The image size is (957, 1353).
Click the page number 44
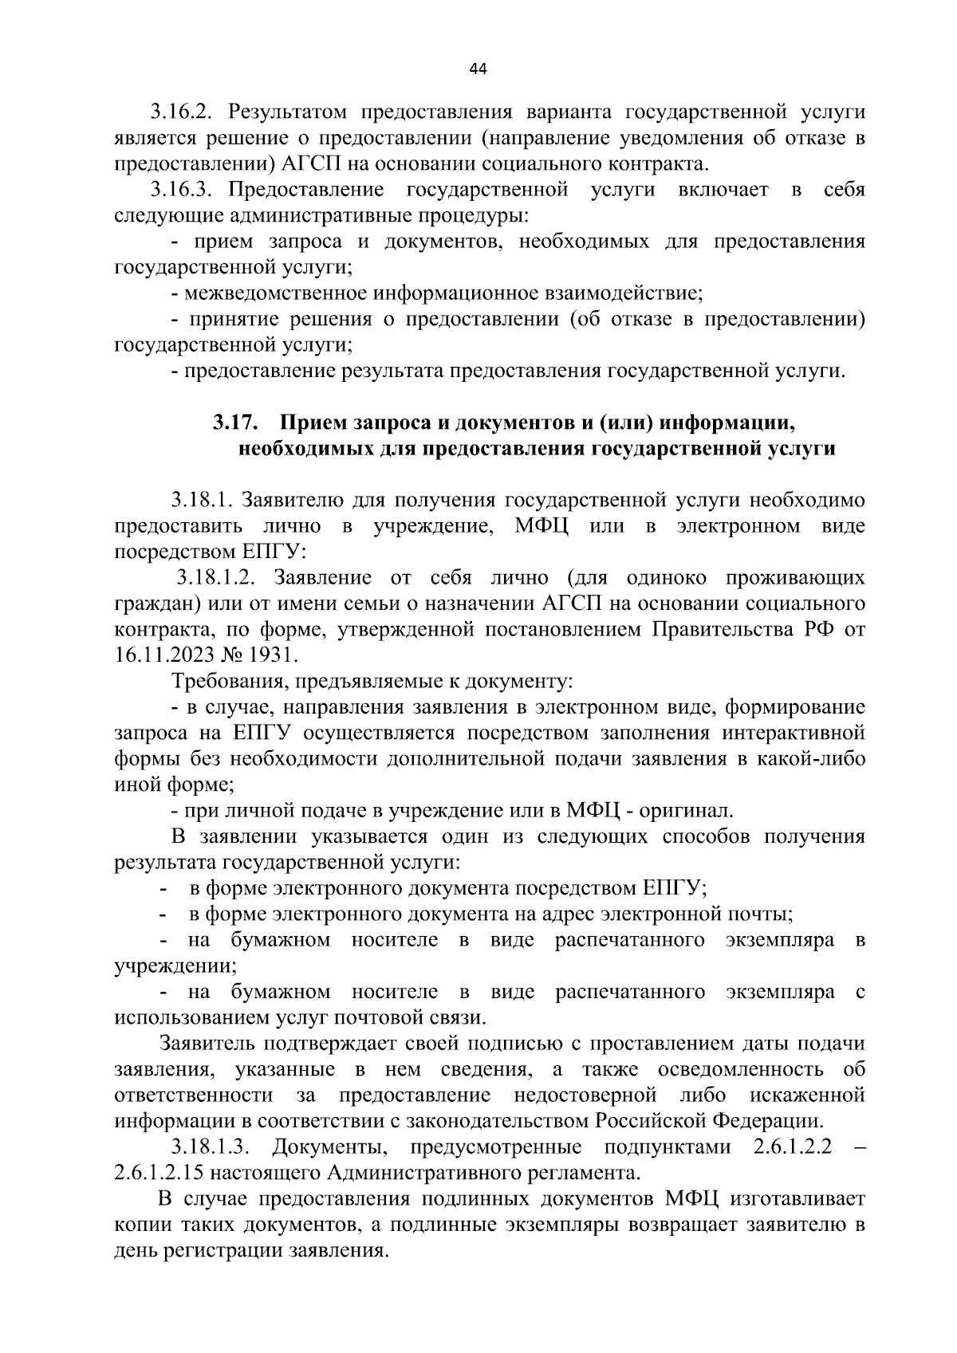pyautogui.click(x=478, y=69)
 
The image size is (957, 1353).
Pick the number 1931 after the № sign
pyautogui.click(x=271, y=655)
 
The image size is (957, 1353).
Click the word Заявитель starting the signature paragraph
pyautogui.click(x=209, y=1044)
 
